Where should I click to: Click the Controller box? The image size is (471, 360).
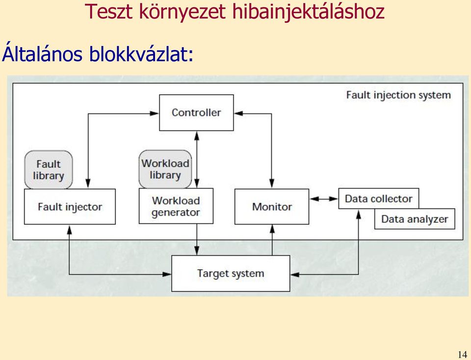click(196, 113)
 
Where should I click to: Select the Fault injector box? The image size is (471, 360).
click(70, 206)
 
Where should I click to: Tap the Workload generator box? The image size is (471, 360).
click(176, 206)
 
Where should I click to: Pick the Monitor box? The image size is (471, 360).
click(271, 206)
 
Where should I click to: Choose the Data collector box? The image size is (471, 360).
click(378, 199)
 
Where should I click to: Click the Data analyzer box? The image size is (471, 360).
click(415, 219)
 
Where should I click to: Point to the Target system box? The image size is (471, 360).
click(231, 273)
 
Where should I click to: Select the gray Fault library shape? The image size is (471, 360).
click(49, 170)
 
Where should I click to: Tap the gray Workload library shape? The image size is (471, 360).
click(165, 169)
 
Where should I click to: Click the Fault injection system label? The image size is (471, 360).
click(398, 95)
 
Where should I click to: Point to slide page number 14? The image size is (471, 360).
click(462, 354)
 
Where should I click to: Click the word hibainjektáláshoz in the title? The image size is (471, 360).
click(309, 12)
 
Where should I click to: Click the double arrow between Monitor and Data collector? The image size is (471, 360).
click(324, 199)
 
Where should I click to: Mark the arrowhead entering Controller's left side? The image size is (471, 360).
click(155, 113)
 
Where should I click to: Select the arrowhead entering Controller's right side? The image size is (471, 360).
click(238, 113)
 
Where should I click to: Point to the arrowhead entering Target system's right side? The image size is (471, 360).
click(295, 275)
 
